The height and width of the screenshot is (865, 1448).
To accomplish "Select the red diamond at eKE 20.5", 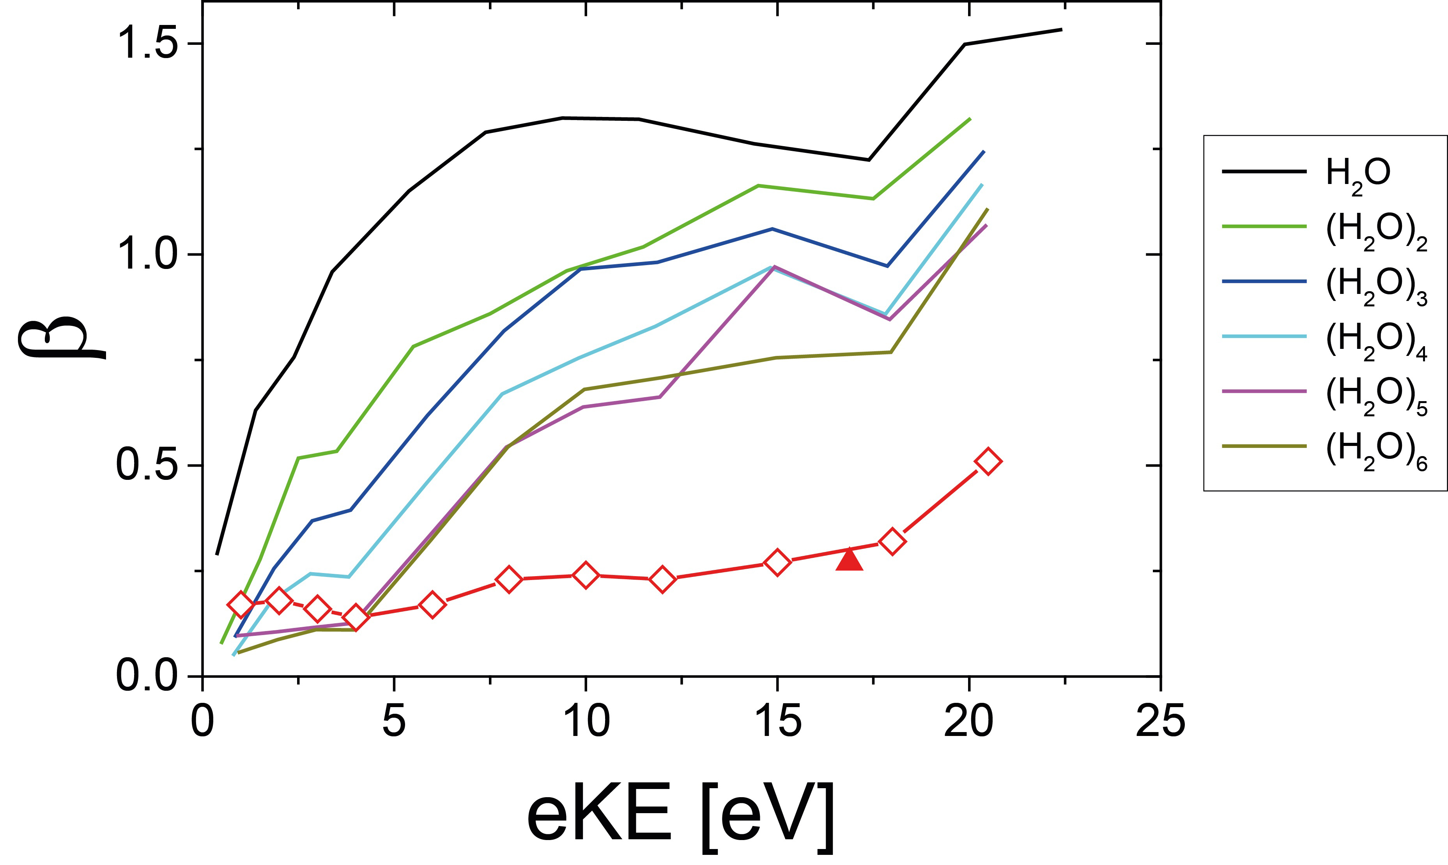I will click(x=988, y=462).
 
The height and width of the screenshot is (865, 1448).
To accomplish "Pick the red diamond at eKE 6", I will click(x=432, y=605).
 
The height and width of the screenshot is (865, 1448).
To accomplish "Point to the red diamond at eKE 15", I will click(x=777, y=563).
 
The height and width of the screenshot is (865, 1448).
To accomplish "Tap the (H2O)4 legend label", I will click(x=1376, y=341).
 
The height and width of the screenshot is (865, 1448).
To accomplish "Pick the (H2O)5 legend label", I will click(x=1376, y=396).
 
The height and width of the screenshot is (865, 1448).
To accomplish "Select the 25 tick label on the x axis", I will click(x=1160, y=722).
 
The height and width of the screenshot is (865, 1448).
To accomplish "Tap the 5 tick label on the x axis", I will click(x=394, y=722).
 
